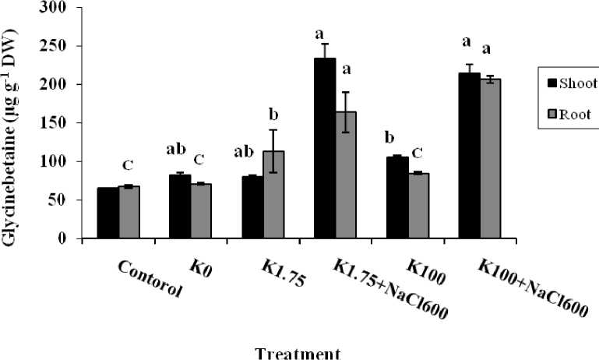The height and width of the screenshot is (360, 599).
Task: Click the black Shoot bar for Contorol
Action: coord(108,213)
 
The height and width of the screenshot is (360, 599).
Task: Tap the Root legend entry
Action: coord(569,114)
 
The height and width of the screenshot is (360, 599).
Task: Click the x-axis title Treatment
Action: coord(298,353)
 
